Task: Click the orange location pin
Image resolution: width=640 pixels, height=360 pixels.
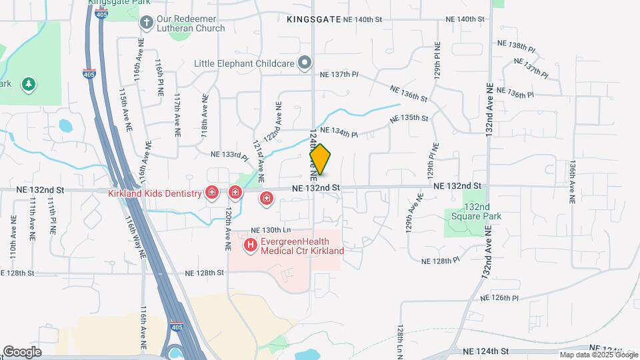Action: (321, 159)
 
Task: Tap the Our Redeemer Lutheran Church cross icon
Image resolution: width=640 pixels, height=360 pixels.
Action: (147, 23)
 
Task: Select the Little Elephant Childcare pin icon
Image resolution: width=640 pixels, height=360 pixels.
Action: (305, 63)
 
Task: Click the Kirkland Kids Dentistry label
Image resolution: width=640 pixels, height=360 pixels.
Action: (155, 193)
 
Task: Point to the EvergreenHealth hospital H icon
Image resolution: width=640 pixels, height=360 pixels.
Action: (251, 246)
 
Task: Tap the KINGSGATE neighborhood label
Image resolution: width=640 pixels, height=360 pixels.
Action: (313, 20)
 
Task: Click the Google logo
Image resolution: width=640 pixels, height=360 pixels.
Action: (22, 351)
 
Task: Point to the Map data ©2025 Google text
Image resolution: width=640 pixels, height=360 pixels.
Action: (598, 355)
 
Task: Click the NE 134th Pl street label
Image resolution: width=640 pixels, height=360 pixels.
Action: (339, 133)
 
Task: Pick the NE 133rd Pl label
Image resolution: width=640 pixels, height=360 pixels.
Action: (229, 154)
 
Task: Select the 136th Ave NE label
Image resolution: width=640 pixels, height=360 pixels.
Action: (572, 181)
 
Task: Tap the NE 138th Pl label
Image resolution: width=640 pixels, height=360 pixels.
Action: (516, 45)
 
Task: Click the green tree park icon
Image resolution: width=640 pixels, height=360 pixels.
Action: (28, 84)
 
